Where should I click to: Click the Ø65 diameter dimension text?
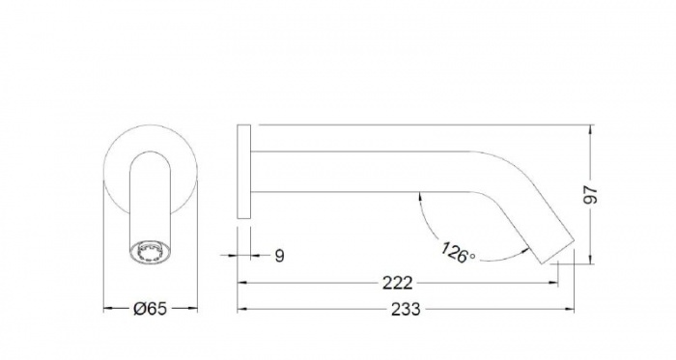tap(150, 309)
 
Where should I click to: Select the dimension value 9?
tap(278, 256)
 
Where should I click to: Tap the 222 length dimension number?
tap(397, 283)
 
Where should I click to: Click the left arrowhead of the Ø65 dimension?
tap(106, 309)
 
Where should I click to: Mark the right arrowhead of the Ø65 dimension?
tap(193, 309)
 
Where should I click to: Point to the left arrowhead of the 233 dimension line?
tap(242, 309)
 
